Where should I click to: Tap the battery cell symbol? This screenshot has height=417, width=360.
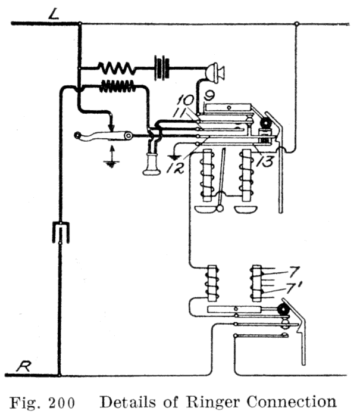[161, 67]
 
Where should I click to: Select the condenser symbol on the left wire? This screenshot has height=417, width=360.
[60, 232]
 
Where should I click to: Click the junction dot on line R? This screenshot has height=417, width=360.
[60, 376]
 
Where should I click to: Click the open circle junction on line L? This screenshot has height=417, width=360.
[296, 24]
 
